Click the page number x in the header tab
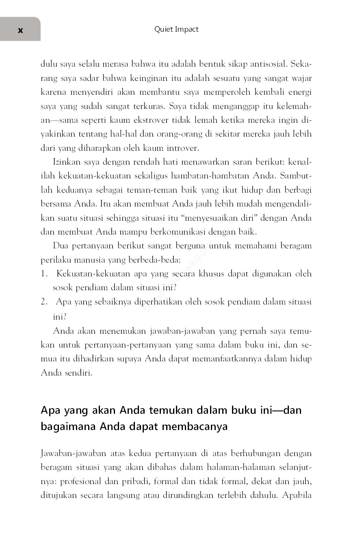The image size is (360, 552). [20, 30]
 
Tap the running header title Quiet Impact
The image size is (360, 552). [176, 29]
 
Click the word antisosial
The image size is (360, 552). [266, 64]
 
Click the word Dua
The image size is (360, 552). [60, 246]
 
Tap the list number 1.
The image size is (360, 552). [44, 274]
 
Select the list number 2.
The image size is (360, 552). [44, 302]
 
